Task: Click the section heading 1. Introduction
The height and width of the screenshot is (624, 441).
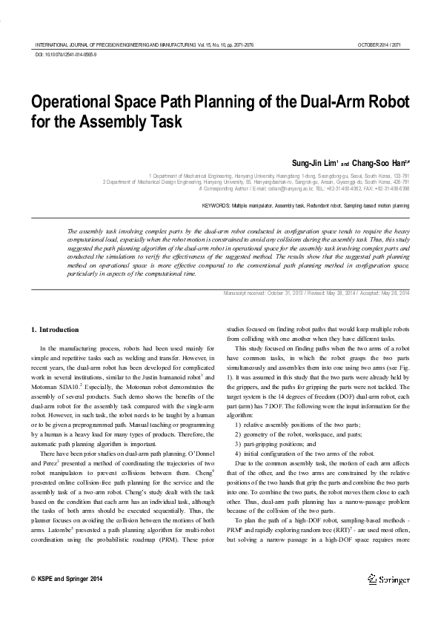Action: [x=53, y=329]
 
